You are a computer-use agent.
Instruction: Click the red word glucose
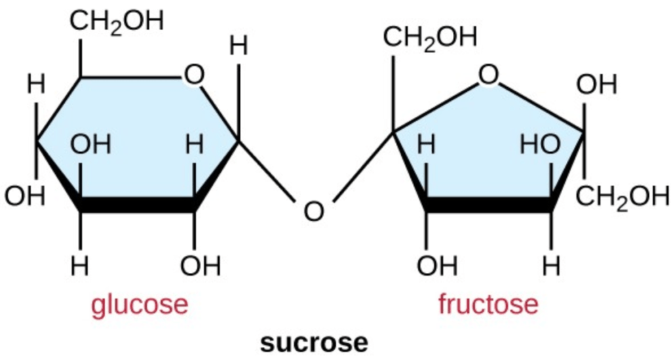[140, 305]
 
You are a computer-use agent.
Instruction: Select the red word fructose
[488, 305]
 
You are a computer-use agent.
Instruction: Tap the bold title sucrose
[314, 342]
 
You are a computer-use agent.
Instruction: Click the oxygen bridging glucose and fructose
[314, 211]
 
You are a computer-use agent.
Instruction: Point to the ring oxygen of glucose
[193, 76]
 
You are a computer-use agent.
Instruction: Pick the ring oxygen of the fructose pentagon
[488, 76]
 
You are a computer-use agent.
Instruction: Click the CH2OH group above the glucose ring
[117, 22]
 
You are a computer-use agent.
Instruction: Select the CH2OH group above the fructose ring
[430, 37]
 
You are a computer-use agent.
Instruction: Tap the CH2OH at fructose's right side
[623, 197]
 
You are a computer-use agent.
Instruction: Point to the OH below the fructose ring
[436, 266]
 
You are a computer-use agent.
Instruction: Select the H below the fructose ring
[552, 266]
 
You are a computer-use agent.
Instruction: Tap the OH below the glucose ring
[201, 266]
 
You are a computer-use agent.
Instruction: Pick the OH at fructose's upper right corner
[596, 85]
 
